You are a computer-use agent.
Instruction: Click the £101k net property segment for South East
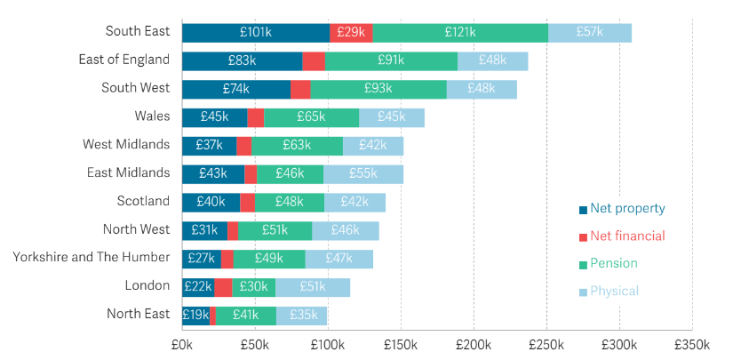pyautogui.click(x=256, y=32)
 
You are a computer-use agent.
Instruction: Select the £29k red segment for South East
pyautogui.click(x=351, y=32)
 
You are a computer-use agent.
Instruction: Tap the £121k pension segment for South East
pyautogui.click(x=460, y=32)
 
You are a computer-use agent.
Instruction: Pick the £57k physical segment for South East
pyautogui.click(x=590, y=32)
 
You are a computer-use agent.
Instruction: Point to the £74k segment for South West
pyautogui.click(x=236, y=89)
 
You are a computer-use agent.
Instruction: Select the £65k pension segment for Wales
pyautogui.click(x=311, y=117)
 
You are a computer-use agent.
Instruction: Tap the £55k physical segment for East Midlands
pyautogui.click(x=363, y=173)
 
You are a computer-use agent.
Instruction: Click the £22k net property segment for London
pyautogui.click(x=198, y=286)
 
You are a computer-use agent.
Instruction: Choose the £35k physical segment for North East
pyautogui.click(x=302, y=315)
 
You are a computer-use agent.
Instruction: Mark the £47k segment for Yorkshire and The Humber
pyautogui.click(x=339, y=259)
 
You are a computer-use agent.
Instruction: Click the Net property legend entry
pyautogui.click(x=622, y=210)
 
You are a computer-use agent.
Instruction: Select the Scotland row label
pyautogui.click(x=143, y=201)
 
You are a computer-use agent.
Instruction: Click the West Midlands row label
pyautogui.click(x=125, y=144)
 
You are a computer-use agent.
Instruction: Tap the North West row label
pyautogui.click(x=137, y=229)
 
